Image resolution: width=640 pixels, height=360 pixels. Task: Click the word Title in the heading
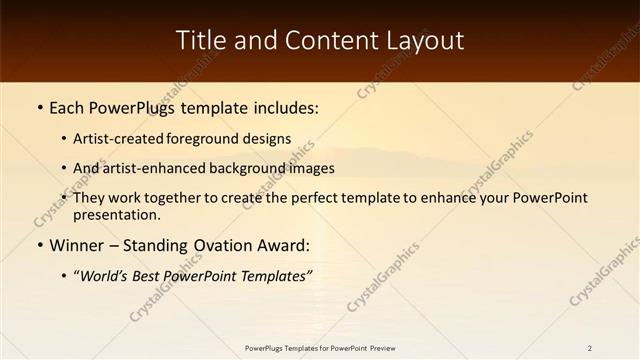(x=199, y=41)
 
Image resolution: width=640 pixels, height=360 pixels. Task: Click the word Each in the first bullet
(x=68, y=108)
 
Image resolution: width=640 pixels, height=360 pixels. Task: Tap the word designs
(x=272, y=139)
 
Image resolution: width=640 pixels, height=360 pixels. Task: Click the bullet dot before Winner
(x=39, y=246)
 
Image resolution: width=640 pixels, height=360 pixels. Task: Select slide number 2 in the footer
(x=590, y=348)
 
